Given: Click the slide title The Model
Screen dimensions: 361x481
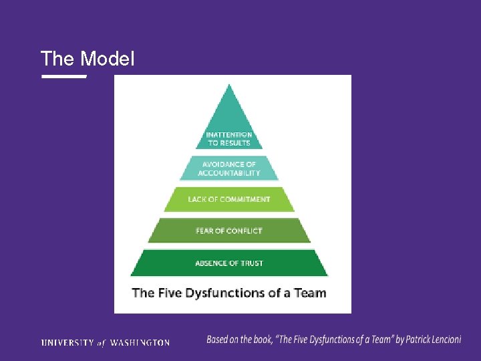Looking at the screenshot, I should click(x=88, y=59).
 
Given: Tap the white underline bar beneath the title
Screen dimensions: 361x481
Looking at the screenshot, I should click(x=64, y=77).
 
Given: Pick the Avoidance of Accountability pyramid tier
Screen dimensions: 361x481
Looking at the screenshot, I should click(x=229, y=168).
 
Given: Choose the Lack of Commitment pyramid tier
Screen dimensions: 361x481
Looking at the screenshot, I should click(x=229, y=199).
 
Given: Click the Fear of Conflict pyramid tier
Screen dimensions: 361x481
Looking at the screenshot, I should click(x=229, y=231).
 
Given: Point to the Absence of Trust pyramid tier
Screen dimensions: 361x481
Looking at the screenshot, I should click(x=229, y=263).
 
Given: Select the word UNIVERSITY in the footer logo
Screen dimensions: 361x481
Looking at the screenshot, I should click(x=67, y=342).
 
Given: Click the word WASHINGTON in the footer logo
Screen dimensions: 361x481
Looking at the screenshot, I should click(x=140, y=342).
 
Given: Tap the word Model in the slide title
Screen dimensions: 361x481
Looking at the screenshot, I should click(x=107, y=59).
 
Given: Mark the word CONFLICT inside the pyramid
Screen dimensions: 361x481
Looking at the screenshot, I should click(x=244, y=231).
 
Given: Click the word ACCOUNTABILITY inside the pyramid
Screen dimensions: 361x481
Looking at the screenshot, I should click(x=229, y=172).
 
